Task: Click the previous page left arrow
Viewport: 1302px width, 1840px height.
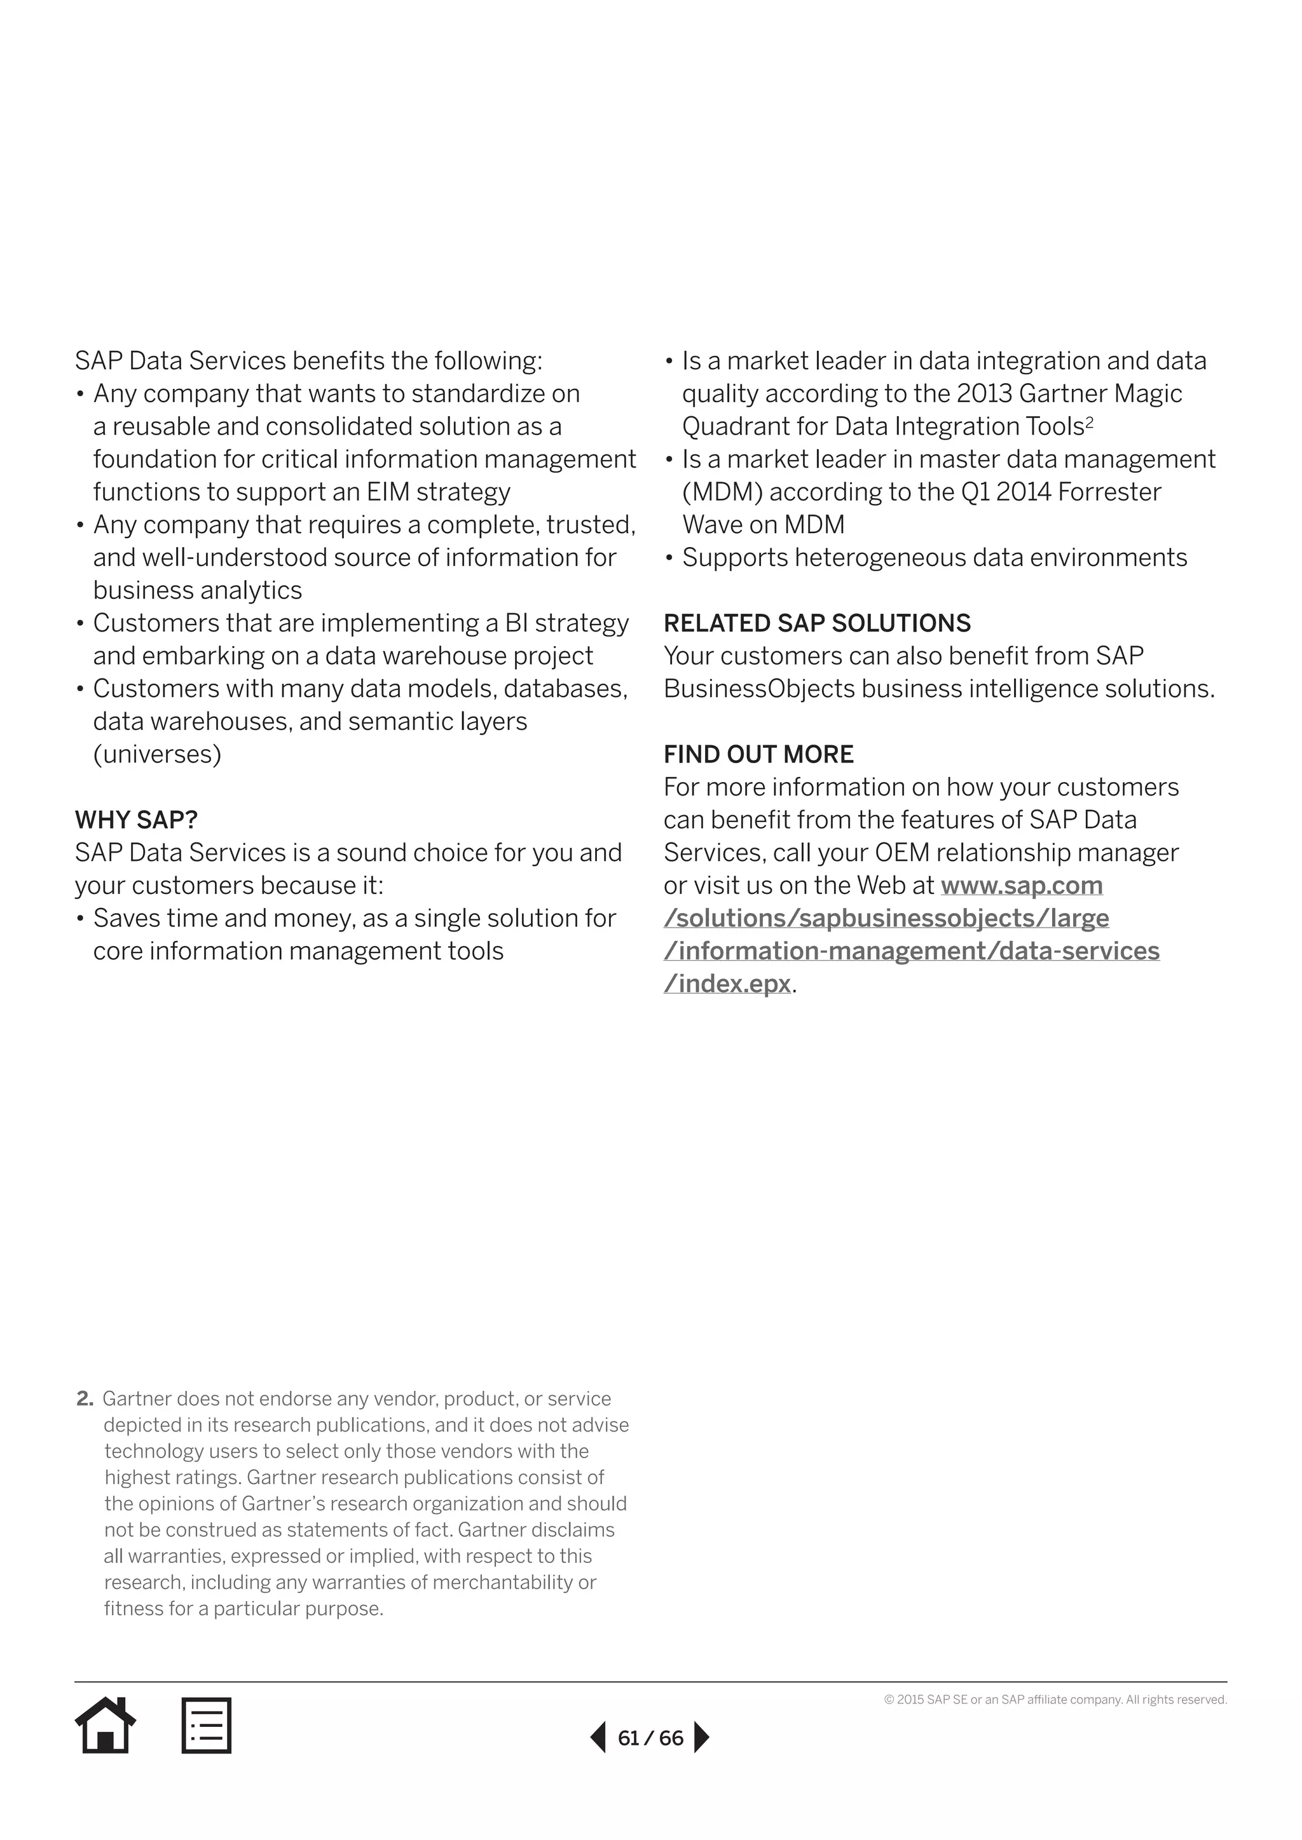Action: click(598, 1738)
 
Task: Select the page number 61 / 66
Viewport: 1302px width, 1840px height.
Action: click(650, 1738)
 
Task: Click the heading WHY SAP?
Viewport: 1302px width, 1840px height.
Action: click(136, 820)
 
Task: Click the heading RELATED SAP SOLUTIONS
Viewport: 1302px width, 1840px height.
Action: click(817, 623)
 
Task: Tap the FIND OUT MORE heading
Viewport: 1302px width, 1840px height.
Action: click(758, 754)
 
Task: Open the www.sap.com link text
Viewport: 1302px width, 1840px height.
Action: click(1022, 886)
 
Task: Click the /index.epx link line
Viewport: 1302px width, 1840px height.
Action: click(727, 984)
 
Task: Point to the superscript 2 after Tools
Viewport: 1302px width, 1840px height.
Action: click(1090, 421)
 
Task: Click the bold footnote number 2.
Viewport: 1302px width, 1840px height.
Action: click(84, 1399)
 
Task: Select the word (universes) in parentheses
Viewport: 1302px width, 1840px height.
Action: click(157, 754)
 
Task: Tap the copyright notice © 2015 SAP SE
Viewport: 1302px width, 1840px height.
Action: click(1055, 1700)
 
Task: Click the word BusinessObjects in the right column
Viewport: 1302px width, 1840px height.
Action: click(759, 688)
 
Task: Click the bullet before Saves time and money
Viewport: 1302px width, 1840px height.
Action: click(80, 918)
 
